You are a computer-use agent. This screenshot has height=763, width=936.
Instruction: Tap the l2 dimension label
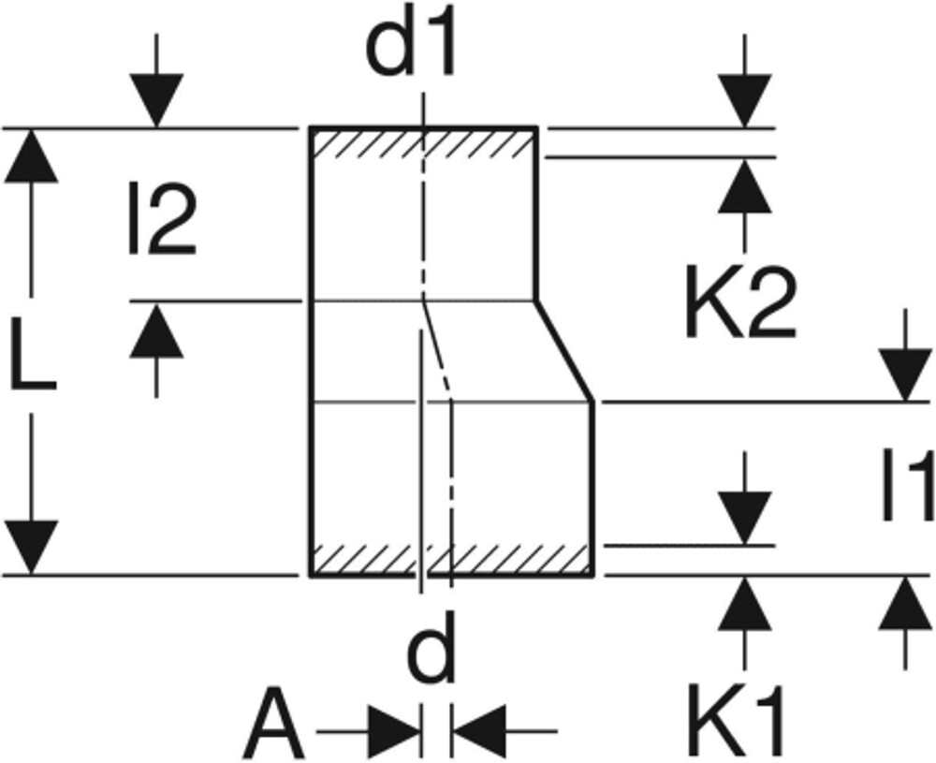coord(162,220)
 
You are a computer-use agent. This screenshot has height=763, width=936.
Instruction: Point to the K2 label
coord(740,304)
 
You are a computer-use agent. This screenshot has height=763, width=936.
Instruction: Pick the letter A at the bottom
coord(273,726)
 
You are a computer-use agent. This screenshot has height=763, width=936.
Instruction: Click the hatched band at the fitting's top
coord(423,143)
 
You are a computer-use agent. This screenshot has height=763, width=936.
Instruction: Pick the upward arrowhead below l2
coord(156,330)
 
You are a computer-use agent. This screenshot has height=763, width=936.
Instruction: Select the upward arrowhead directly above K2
coord(745,186)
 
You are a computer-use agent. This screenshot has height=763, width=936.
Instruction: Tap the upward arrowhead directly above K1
coord(745,604)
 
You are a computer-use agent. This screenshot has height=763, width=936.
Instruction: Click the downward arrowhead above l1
coord(905,374)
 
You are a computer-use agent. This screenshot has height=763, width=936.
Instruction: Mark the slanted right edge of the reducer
coord(564,352)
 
